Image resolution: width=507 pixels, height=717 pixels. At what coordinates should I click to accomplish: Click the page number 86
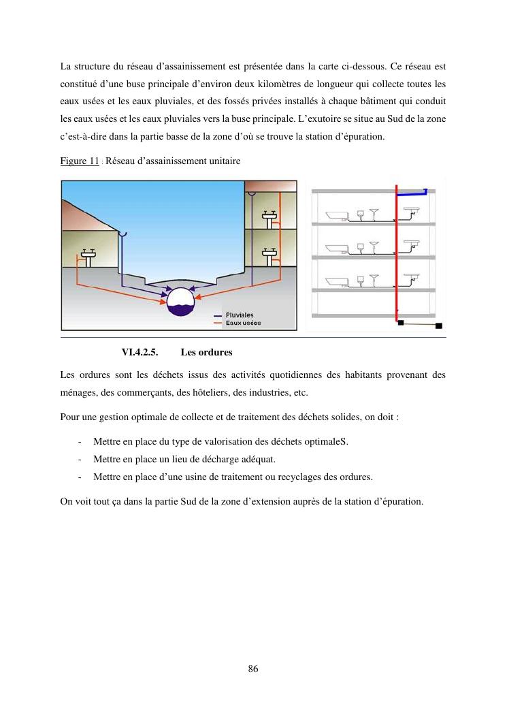[253, 669]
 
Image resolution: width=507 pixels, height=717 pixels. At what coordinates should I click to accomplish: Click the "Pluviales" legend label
[240, 315]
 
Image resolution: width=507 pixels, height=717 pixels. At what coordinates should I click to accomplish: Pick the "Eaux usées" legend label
[243, 323]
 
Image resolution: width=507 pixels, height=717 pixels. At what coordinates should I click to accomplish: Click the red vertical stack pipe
[396, 252]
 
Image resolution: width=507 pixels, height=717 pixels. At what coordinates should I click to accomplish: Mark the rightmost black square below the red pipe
[439, 325]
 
